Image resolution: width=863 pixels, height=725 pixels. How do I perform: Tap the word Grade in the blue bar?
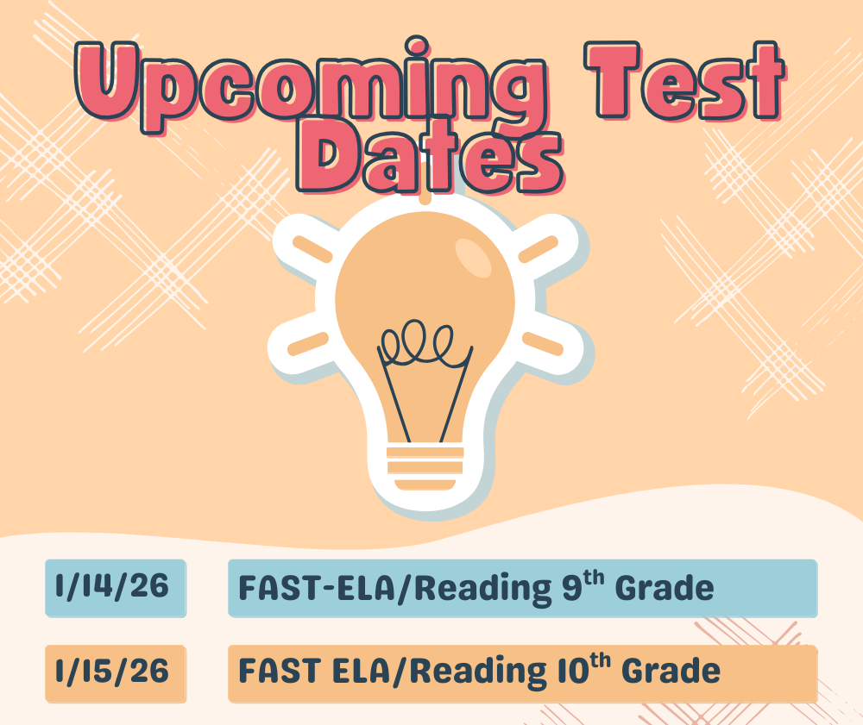point(666,588)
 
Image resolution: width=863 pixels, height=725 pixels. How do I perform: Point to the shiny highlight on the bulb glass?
point(473,256)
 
